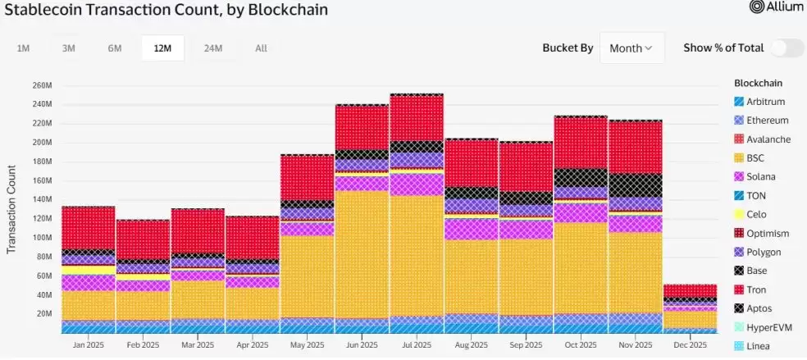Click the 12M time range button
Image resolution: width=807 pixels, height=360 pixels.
pos(162,48)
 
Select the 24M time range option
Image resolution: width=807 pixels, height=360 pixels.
pos(213,48)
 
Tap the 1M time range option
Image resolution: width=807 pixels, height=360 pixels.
pos(24,48)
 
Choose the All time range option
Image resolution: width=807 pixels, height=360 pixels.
pos(261,48)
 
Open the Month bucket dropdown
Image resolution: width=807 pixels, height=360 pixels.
pos(631,48)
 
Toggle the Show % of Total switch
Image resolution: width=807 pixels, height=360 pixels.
pos(786,48)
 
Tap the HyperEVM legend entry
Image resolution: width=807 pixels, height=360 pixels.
pos(767,327)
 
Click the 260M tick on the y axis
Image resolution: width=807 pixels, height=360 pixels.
pos(42,85)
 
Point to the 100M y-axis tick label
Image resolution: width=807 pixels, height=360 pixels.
pos(42,238)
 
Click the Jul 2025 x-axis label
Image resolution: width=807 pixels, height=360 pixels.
pos(417,345)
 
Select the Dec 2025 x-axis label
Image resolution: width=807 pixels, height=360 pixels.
pos(690,345)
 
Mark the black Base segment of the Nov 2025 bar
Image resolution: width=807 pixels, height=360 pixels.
pos(636,185)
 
